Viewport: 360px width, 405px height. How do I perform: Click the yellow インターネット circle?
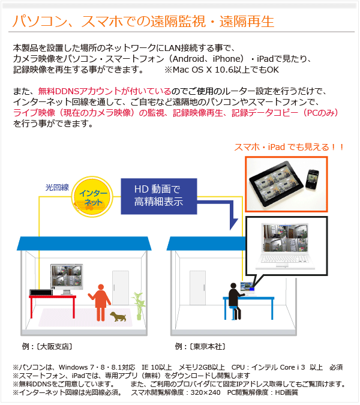point(92,197)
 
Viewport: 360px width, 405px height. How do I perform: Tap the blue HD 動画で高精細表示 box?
point(159,196)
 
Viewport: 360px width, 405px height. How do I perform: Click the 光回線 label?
point(57,187)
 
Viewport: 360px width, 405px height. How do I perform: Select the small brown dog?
point(118,316)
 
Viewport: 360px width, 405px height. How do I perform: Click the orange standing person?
point(100,302)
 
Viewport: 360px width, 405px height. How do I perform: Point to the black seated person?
point(235,301)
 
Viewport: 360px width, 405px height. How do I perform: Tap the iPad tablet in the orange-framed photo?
point(275,184)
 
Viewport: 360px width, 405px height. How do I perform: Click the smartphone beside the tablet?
point(312,179)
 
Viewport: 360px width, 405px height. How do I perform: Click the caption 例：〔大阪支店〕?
point(47,346)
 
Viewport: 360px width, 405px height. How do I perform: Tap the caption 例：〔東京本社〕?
point(200,346)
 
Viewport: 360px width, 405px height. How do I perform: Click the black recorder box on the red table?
point(41,292)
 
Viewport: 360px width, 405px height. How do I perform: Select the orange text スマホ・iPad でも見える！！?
point(289,147)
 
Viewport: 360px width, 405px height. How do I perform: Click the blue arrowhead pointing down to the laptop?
point(233,224)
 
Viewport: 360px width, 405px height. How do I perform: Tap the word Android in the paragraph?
point(188,59)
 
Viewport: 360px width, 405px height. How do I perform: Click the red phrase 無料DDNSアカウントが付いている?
point(104,91)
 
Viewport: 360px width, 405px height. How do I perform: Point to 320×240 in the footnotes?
point(205,392)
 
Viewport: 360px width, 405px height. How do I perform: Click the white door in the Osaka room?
point(121,288)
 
